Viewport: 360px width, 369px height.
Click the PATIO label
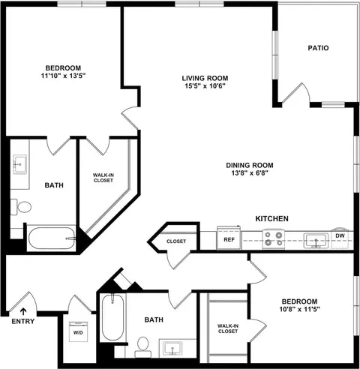(x=318, y=48)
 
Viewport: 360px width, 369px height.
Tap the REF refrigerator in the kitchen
(x=229, y=238)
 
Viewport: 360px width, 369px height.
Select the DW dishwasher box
(x=340, y=238)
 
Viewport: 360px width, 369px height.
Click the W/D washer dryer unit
(x=78, y=331)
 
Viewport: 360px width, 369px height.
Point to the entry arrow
(x=23, y=312)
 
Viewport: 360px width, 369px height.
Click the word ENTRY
(x=23, y=321)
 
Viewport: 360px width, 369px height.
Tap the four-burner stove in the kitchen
(x=274, y=238)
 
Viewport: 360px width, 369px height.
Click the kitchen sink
(x=316, y=241)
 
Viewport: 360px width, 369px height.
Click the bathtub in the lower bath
(x=113, y=317)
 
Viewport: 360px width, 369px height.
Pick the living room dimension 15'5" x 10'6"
(x=205, y=86)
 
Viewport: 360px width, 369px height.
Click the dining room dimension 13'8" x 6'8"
(x=250, y=173)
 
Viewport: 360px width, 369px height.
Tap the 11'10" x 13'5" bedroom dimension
(x=64, y=76)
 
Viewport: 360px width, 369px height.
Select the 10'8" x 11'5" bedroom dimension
(x=300, y=309)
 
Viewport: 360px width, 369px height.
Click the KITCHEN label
(x=271, y=219)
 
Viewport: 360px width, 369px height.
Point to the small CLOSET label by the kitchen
(x=176, y=241)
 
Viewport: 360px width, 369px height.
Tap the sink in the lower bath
(x=172, y=348)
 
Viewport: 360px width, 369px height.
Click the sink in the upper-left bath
(x=20, y=164)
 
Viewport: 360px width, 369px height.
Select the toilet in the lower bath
(x=143, y=347)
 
